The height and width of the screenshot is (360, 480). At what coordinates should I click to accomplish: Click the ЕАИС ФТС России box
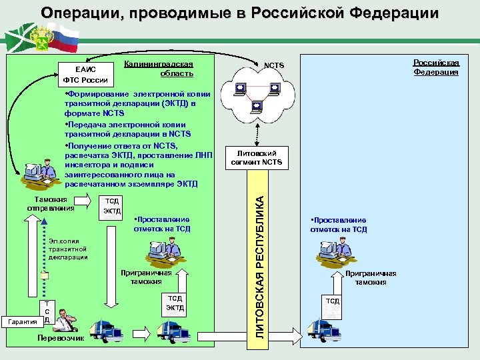(79, 75)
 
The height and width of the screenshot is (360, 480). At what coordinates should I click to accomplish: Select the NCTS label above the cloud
(273, 65)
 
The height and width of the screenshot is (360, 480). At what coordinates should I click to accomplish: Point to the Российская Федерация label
(435, 67)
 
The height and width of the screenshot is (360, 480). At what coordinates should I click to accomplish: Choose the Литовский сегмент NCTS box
(257, 158)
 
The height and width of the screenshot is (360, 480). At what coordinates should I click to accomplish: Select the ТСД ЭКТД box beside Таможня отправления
(112, 206)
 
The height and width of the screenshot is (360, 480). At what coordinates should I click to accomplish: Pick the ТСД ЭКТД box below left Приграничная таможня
(175, 303)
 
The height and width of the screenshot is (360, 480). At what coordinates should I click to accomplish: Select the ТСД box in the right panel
(332, 301)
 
